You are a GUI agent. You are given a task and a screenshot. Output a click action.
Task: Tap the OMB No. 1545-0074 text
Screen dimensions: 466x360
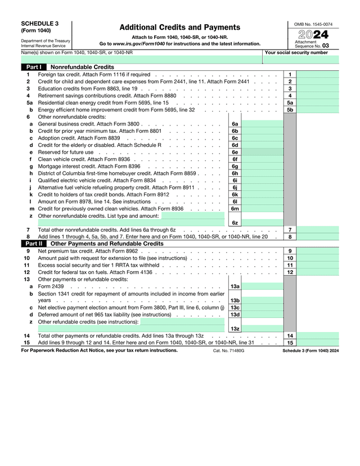313,24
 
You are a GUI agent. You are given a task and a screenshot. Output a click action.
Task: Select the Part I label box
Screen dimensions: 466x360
33,67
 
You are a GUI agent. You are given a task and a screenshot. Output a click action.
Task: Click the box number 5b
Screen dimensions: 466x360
290,110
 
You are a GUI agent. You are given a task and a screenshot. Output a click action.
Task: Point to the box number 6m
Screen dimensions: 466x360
235,208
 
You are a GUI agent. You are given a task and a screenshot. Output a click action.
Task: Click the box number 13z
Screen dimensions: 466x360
235,329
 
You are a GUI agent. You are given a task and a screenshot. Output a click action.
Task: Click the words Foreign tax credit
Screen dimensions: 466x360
56,74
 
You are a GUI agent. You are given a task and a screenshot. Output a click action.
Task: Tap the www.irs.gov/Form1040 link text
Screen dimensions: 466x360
139,43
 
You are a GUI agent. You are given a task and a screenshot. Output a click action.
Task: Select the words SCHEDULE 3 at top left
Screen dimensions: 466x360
39,24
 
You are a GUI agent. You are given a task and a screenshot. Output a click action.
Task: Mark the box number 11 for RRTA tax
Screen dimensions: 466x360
290,265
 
